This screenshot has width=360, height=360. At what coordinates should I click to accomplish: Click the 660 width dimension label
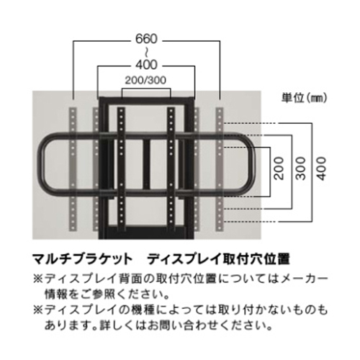pos(146,39)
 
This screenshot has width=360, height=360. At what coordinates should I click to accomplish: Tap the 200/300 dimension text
pos(145,80)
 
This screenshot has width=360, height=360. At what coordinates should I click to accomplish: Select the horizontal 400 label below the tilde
pos(146,65)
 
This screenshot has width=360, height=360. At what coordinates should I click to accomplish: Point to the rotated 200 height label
pos(279,168)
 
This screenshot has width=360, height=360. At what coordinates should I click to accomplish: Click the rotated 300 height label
pos(301,168)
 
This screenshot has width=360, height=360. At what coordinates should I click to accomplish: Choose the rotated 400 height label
pos(322,168)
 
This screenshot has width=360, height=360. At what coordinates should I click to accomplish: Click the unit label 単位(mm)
pos(305,98)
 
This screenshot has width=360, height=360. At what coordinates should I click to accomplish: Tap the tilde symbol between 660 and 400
pos(146,52)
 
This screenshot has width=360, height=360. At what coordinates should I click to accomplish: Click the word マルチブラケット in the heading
pos(82,259)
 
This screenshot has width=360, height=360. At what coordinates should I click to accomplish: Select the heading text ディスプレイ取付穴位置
pos(219,259)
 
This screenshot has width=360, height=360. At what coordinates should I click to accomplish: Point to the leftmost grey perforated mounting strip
pos(73,169)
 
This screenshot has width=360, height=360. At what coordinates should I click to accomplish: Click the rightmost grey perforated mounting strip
pos(220,169)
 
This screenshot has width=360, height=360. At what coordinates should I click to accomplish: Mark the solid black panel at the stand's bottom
pos(147,233)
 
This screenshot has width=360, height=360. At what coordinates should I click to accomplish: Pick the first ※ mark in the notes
pos(37,279)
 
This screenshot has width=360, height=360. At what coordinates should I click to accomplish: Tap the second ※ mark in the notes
pos(37,310)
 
